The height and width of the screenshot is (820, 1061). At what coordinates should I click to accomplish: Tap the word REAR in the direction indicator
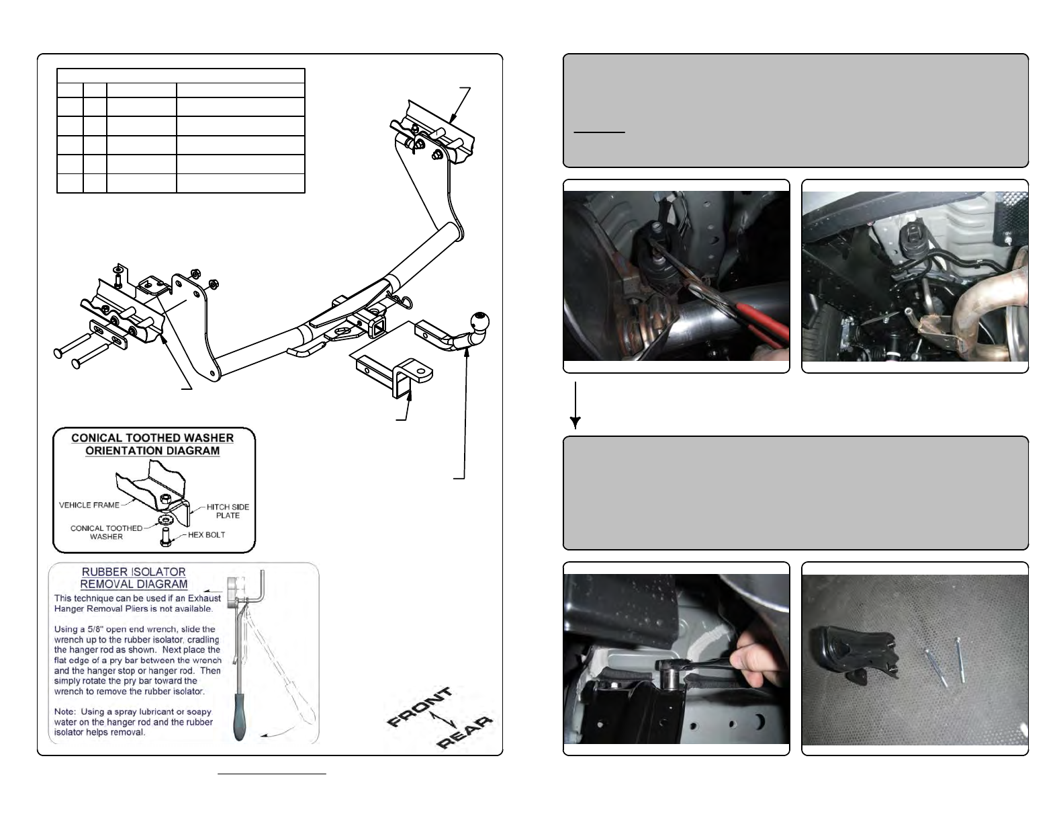coord(464,732)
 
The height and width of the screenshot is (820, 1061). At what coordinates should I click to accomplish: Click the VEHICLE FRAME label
coord(89,505)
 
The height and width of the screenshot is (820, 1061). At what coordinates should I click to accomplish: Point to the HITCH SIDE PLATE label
coord(228,511)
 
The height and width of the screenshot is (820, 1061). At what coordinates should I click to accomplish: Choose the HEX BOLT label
coord(207,534)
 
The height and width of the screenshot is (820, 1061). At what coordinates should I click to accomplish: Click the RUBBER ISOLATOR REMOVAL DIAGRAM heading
coord(134,577)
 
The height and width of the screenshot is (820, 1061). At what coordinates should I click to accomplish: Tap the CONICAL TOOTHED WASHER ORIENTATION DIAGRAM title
coord(152,444)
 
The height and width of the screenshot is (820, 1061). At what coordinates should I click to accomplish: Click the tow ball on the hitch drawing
coord(479,321)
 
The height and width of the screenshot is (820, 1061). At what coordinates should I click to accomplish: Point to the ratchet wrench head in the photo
coord(671,669)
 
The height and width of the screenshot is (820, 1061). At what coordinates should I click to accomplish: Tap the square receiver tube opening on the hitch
coord(377,327)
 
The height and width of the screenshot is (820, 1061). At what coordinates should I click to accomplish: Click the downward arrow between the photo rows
coord(575,405)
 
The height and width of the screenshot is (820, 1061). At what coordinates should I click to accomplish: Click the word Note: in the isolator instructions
coord(65,712)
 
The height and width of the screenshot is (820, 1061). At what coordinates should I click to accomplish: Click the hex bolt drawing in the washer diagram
coord(165,536)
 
